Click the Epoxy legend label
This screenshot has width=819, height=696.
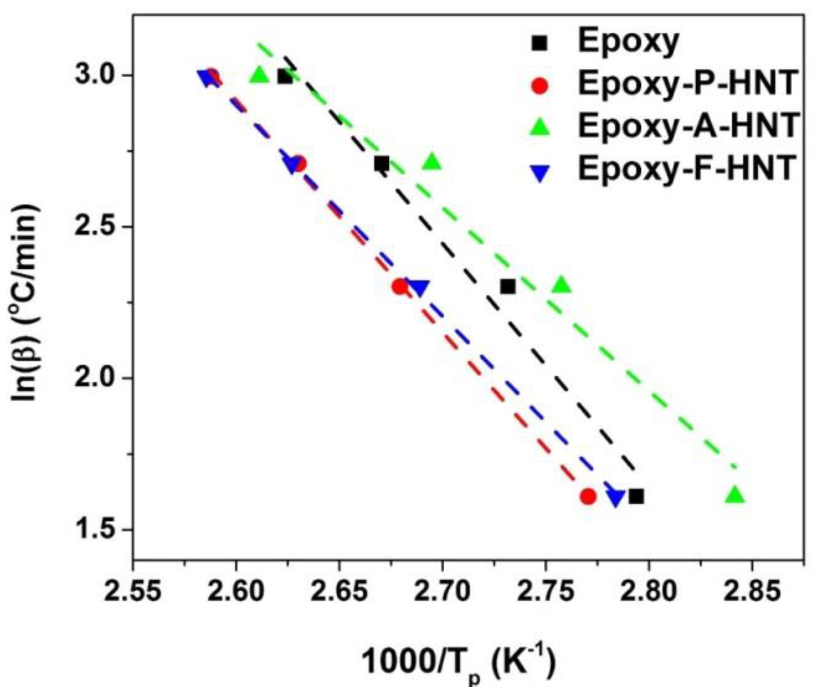point(628,42)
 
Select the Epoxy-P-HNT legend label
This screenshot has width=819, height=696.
point(687,84)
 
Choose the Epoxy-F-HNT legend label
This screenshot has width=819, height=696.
point(687,168)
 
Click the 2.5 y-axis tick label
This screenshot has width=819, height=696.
point(97,227)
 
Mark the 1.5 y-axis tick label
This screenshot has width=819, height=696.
point(97,530)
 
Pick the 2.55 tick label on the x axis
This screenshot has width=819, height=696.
point(133,592)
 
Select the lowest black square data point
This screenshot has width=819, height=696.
point(636,496)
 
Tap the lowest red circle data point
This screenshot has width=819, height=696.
point(588,496)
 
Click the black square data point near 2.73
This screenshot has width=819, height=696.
point(507,287)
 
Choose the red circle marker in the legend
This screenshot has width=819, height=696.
point(540,86)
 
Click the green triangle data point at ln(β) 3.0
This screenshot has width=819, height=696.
point(259,75)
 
